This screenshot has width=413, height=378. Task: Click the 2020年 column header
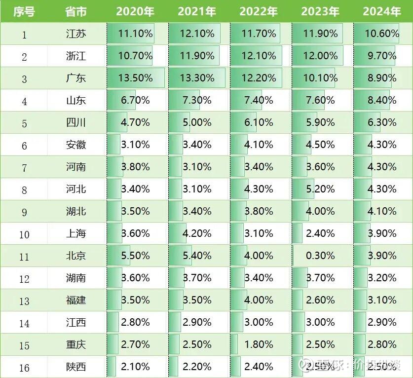135,11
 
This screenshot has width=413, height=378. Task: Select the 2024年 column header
381,11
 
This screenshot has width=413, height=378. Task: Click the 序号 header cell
24,11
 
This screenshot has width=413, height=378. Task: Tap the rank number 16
24,367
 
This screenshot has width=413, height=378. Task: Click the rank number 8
24,189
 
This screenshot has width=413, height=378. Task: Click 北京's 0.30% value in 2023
320,256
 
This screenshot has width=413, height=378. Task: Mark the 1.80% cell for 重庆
259,344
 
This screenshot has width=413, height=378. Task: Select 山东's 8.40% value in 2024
382,101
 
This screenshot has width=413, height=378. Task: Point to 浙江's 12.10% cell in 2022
259,56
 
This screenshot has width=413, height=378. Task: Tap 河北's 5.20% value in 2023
320,189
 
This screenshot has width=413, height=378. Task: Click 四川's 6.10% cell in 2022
259,122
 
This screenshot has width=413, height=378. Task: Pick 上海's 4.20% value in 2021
197,233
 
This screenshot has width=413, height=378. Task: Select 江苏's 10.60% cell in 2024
382,34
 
